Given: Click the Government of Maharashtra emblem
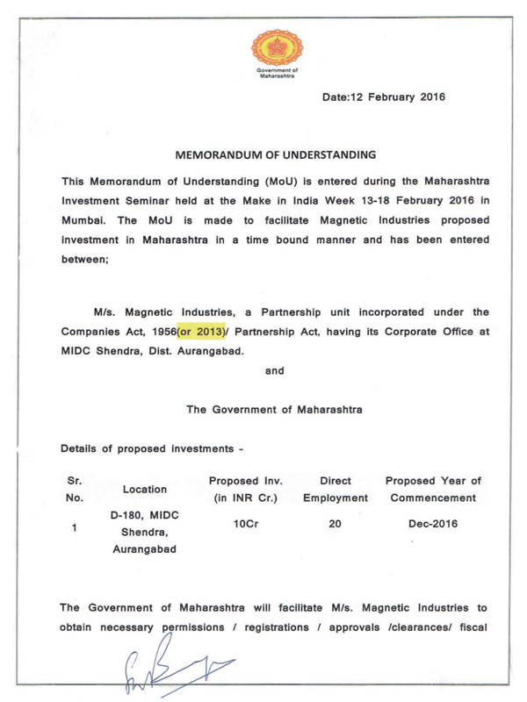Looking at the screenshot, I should [x=276, y=43].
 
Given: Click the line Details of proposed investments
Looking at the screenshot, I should [x=152, y=448].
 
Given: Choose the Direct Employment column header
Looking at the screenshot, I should [x=336, y=489].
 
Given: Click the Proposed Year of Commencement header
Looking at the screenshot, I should [x=433, y=489].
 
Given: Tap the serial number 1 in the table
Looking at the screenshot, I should [x=76, y=529].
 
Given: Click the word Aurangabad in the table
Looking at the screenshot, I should [x=144, y=550].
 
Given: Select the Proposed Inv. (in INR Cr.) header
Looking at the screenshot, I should [x=246, y=489].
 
